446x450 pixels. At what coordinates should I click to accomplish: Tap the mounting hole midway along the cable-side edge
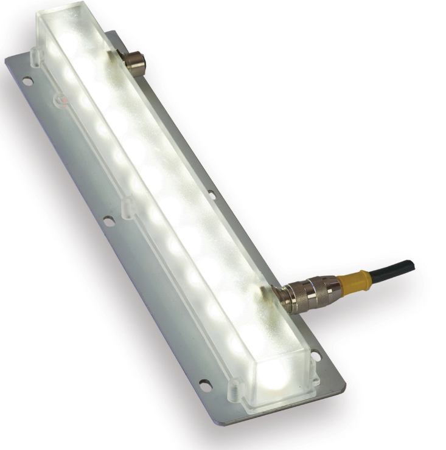[211, 195]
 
